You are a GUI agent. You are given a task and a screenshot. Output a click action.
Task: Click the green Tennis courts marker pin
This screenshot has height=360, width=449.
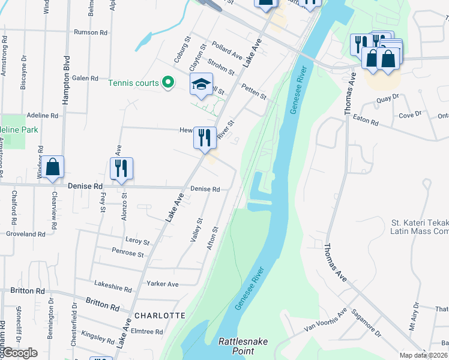tap(169, 83)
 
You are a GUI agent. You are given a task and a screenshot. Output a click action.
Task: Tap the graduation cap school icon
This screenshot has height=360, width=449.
tap(202, 85)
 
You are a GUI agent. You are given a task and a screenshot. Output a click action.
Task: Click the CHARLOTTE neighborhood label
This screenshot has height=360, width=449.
tap(160, 316)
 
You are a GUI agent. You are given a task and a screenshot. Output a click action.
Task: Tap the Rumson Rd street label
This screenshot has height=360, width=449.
tap(90, 32)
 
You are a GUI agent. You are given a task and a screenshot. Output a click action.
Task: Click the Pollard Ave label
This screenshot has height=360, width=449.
tap(227, 52)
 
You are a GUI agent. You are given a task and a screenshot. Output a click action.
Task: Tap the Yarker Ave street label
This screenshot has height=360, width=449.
tap(164, 284)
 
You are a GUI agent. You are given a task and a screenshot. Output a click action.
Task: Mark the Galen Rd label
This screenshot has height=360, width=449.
tap(85, 79)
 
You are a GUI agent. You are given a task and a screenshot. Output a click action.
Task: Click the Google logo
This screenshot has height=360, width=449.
tap(20, 353)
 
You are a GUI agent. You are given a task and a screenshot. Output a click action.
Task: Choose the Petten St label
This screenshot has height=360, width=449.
tap(253, 91)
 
